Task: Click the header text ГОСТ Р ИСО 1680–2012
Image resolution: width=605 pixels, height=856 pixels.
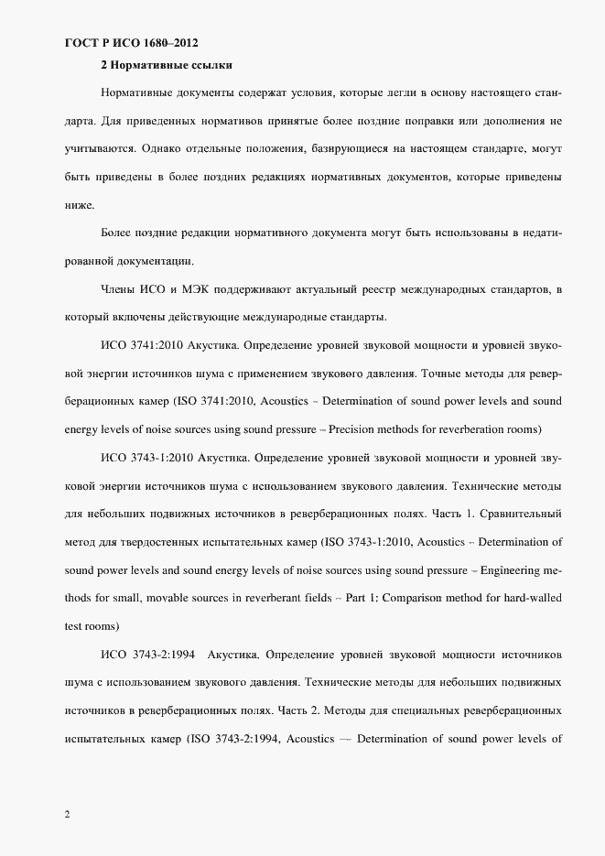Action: coord(131,42)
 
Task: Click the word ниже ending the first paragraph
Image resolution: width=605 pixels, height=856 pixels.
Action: coord(79,204)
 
